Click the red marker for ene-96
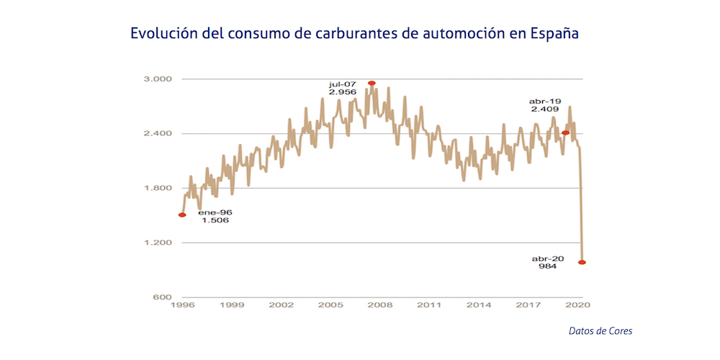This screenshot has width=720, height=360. coord(182,215)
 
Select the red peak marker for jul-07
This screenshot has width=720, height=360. coord(372,83)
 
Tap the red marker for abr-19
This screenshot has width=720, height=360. coord(566,132)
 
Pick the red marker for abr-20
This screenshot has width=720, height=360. coord(582,262)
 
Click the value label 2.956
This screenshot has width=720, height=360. coord(343,92)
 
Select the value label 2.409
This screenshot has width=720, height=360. coord(545,109)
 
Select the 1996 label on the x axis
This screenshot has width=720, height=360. coord(183,305)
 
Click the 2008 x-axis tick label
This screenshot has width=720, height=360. coord(380,305)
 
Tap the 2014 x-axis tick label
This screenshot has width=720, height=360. coord(479,305)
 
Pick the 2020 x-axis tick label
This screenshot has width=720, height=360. coord(577,305)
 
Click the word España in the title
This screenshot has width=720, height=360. coord(554,34)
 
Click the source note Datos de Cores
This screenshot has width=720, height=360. coord(600,330)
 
